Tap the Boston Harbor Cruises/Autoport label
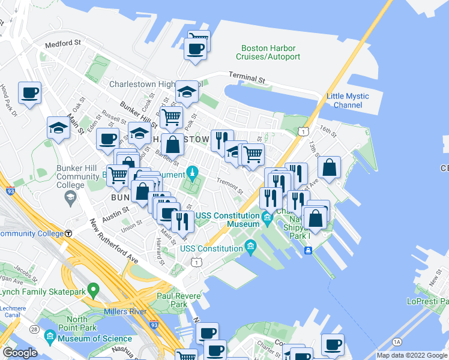(268, 53)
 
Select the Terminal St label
(247, 78)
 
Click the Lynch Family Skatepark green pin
(92, 290)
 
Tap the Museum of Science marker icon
(49, 335)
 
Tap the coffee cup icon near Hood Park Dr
(29, 93)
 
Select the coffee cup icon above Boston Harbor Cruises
(196, 49)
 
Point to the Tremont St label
(230, 187)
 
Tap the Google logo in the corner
(20, 352)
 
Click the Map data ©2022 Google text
(412, 355)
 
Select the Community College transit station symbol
(69, 233)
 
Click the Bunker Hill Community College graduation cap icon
(70, 197)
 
